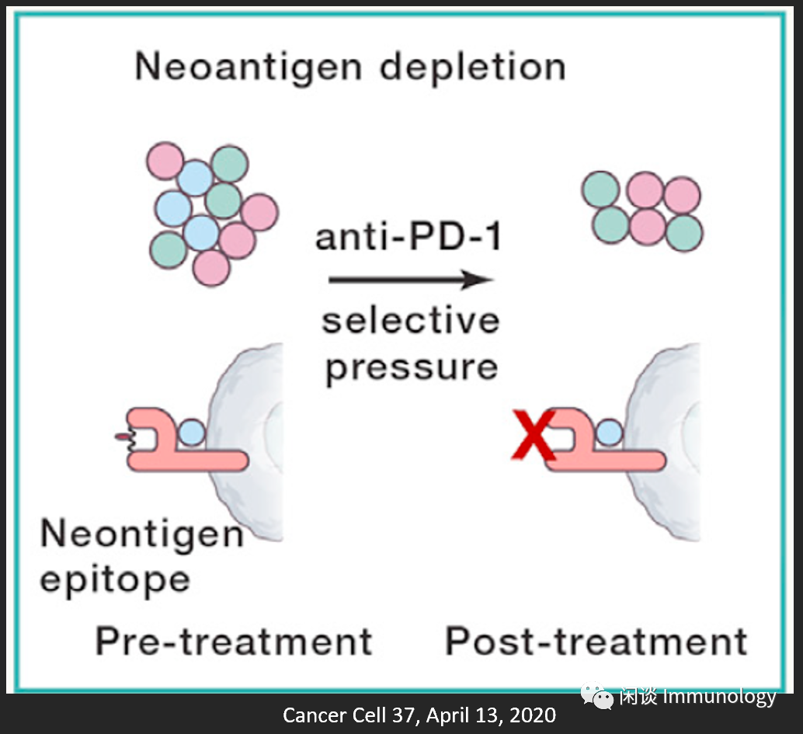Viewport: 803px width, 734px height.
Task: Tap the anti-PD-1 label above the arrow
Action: click(408, 237)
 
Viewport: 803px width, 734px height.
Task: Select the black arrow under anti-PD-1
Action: click(411, 280)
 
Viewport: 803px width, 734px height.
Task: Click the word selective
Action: click(410, 320)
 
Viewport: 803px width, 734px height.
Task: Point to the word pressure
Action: click(411, 366)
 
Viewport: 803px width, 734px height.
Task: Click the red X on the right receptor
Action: click(533, 437)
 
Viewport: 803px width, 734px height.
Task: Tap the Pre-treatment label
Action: click(234, 642)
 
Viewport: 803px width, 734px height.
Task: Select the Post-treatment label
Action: click(596, 642)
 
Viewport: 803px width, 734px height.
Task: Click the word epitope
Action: click(114, 579)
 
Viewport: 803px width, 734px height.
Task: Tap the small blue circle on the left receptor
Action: click(192, 432)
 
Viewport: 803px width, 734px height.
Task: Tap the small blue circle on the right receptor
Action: click(609, 432)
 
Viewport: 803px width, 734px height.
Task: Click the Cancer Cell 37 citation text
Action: click(419, 715)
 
